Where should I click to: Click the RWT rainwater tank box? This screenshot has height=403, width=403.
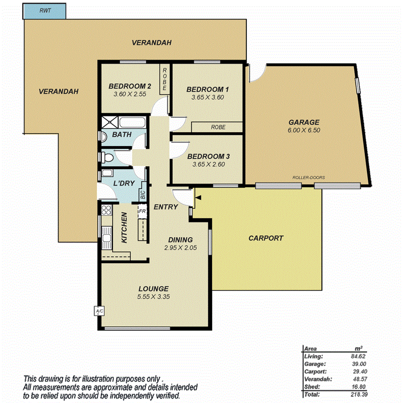point(45,11)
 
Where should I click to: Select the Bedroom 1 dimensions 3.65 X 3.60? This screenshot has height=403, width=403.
point(207,98)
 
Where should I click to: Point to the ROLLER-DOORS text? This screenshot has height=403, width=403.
point(308,178)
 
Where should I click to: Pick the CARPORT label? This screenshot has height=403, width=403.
point(266,238)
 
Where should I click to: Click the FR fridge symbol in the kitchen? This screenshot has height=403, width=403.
point(141,211)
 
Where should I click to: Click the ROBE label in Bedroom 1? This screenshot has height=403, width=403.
point(217,127)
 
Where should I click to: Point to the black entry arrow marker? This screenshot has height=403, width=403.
point(198,198)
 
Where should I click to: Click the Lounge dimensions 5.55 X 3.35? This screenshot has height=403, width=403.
point(153,297)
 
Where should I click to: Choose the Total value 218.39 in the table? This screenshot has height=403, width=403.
point(360,394)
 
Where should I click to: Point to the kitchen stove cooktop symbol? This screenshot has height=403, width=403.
point(106,211)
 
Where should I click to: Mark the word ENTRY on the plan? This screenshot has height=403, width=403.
point(166,207)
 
